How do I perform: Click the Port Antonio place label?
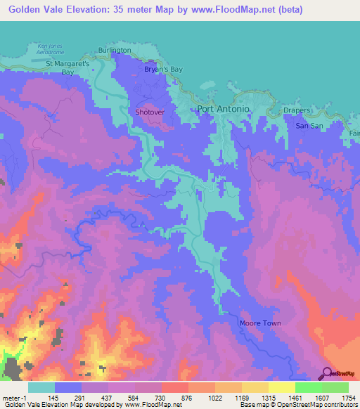(222, 109)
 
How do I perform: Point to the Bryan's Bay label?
(163, 70)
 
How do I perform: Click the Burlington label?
(115, 51)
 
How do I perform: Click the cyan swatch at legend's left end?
(41, 387)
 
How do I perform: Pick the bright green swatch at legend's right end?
(335, 387)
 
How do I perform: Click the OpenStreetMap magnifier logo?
(326, 374)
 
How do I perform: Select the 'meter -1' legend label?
(15, 398)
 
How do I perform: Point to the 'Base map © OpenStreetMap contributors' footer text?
(299, 405)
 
